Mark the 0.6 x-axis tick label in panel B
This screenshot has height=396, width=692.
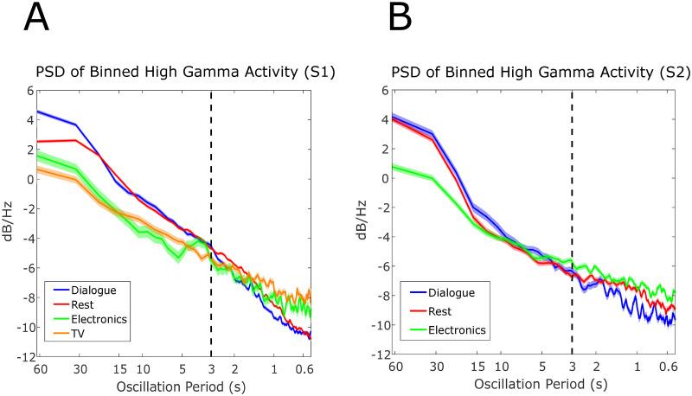(667, 367)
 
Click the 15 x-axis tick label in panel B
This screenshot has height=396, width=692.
(476, 367)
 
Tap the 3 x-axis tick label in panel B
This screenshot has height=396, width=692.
(571, 367)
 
